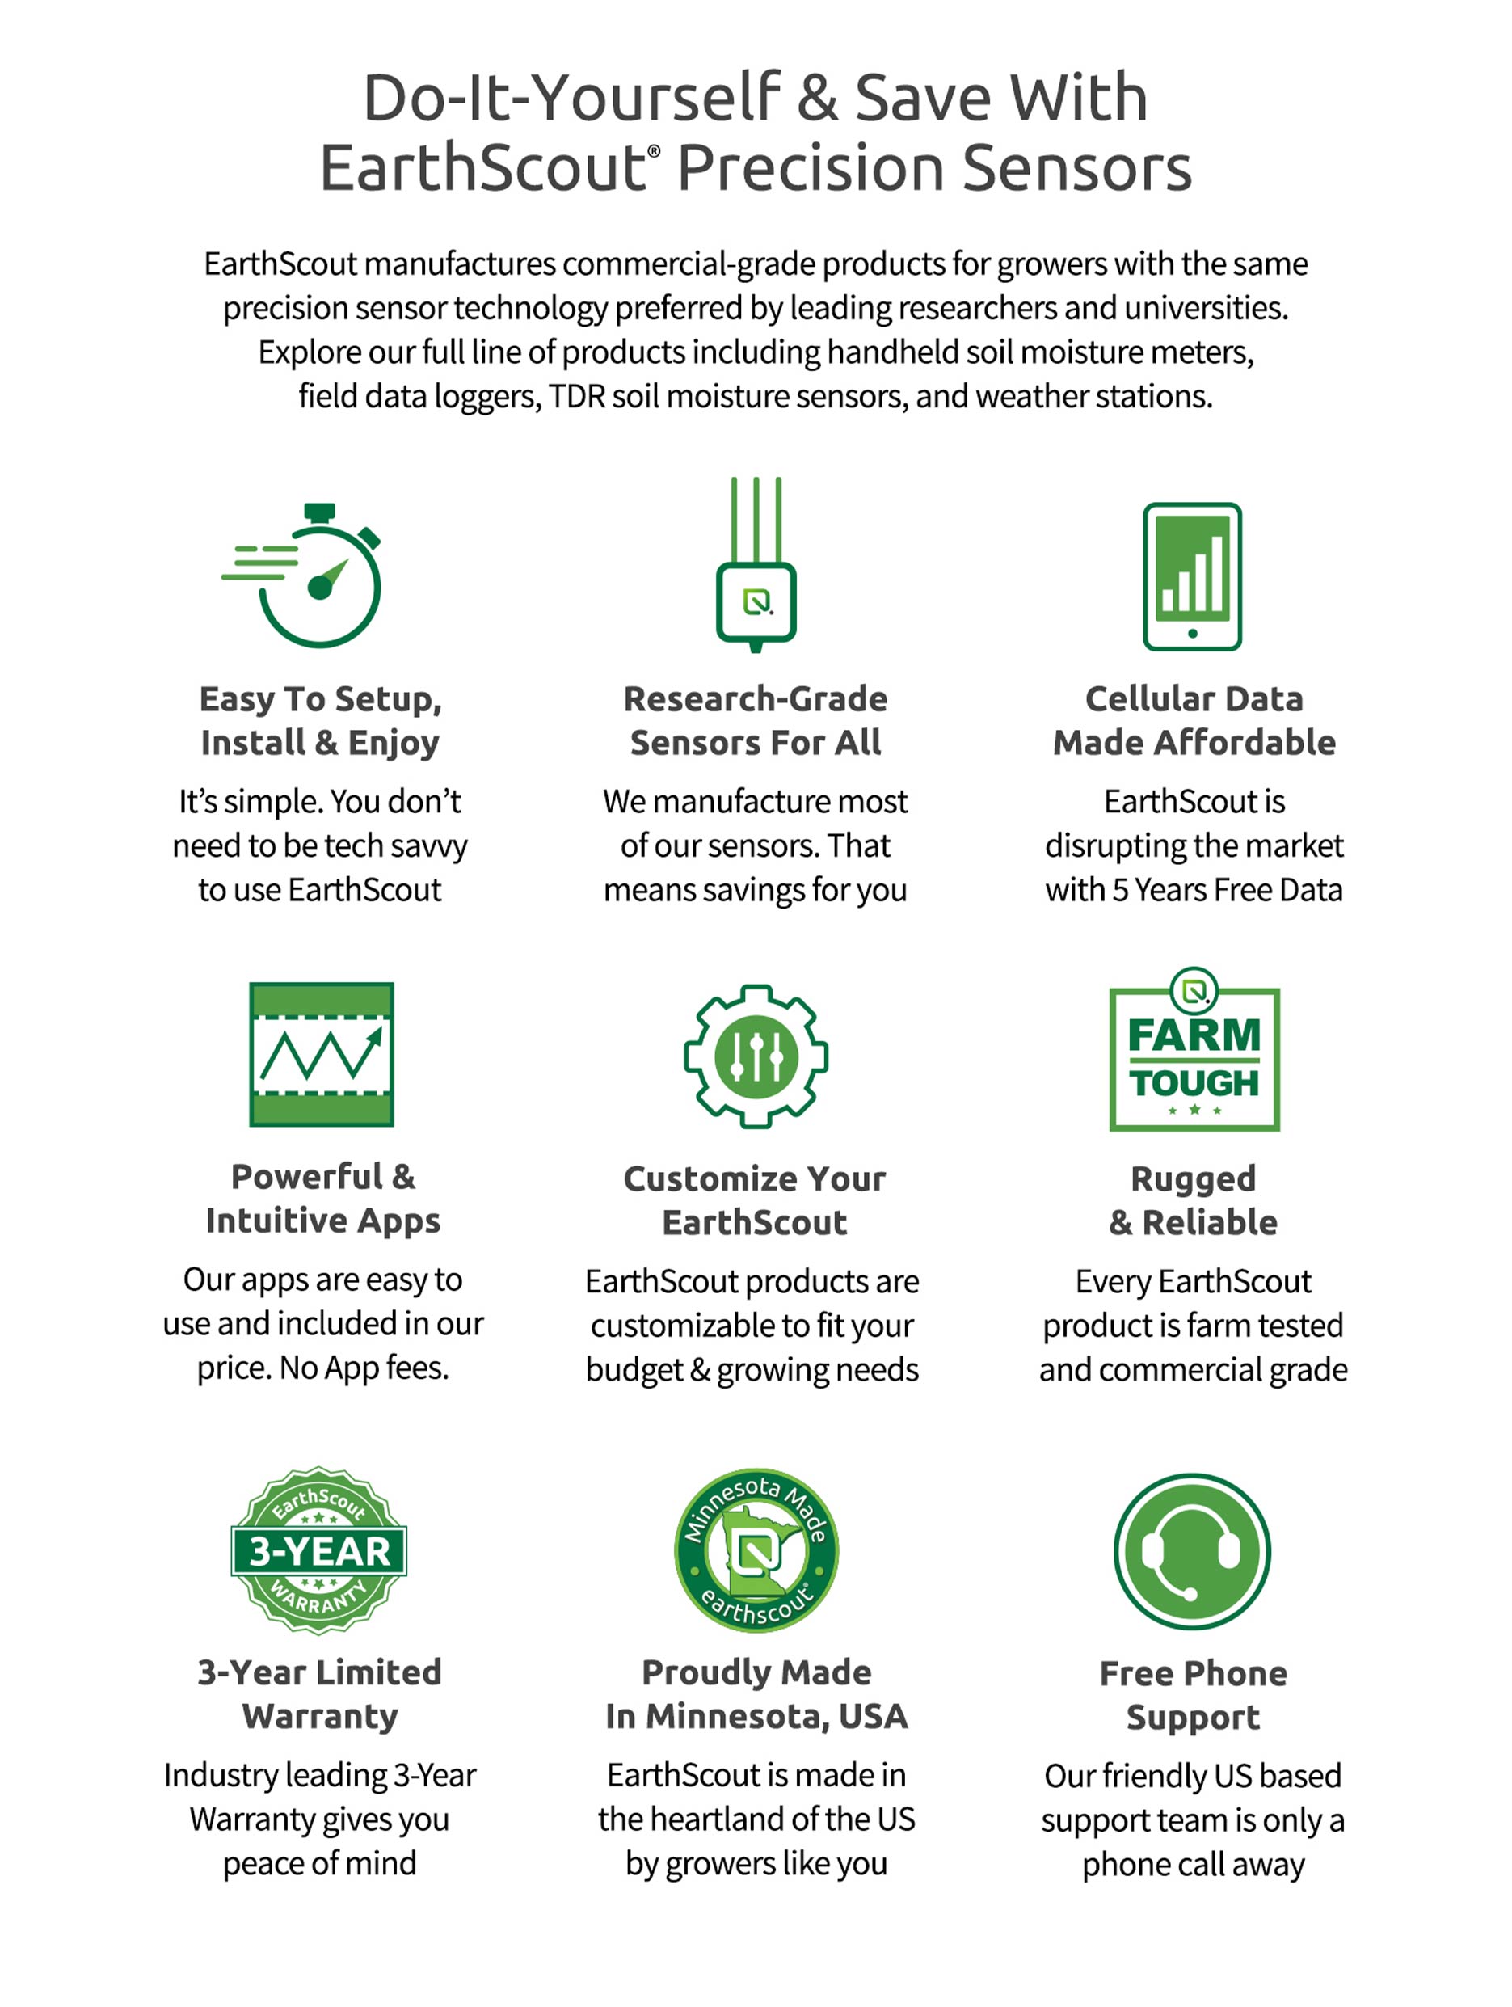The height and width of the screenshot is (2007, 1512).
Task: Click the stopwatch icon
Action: coord(309,576)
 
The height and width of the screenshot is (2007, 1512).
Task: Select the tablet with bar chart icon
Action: coord(1192,576)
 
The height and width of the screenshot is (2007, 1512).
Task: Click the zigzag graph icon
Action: coord(321,1053)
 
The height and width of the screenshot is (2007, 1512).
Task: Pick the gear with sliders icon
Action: coord(756,1056)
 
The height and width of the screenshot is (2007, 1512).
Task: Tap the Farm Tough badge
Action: coord(1194,1052)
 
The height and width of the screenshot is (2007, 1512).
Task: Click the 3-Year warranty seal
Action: coord(319,1550)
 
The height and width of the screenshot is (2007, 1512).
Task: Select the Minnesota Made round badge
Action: coord(756,1550)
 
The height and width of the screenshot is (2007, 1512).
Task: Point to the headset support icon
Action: coord(1192,1550)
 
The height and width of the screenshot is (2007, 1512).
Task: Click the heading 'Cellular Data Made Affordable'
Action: coord(1194,720)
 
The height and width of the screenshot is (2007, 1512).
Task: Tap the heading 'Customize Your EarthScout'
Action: coord(755,1200)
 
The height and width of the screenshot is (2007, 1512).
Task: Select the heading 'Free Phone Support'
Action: coord(1193,1695)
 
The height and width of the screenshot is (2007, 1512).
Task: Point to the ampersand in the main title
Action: coord(817,98)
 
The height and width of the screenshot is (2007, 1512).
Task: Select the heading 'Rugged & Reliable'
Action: coord(1193,1200)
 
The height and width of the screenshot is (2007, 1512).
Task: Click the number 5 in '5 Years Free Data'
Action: coord(1120,890)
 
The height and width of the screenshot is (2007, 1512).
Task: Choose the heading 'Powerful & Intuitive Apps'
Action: coord(323,1199)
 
